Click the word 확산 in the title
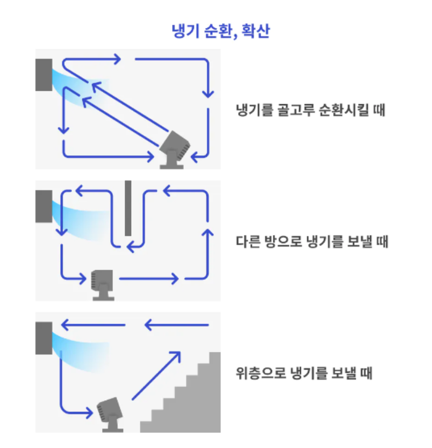(x=255, y=31)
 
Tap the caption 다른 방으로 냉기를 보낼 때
(x=312, y=242)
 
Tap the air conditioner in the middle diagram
(x=44, y=206)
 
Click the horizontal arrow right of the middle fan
(x=148, y=279)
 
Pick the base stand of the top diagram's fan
(x=170, y=164)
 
